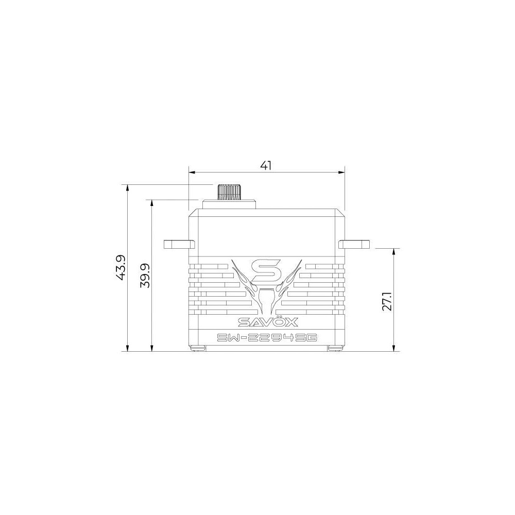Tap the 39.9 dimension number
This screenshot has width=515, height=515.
[x=145, y=275]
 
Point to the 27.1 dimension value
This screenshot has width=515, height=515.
[x=388, y=300]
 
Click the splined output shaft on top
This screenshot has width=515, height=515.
[x=229, y=192]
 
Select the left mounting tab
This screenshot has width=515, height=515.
[x=179, y=244]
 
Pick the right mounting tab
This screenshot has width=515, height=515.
[x=354, y=244]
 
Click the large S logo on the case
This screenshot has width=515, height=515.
[x=266, y=271]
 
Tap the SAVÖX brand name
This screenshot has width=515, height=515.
[x=268, y=322]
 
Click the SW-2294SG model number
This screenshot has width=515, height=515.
[x=266, y=338]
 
